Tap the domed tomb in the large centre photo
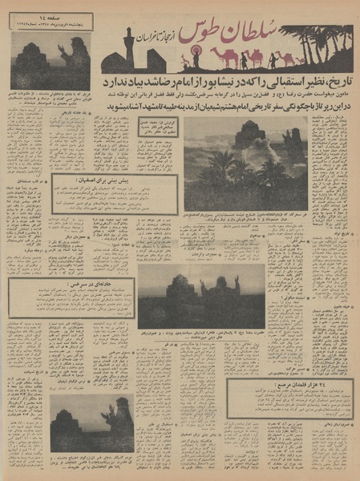click(x=250, y=136)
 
